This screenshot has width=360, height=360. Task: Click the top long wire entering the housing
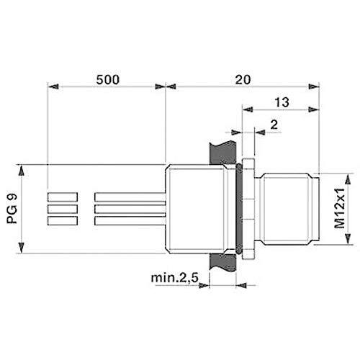click(130, 197)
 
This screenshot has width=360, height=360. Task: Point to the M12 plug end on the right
click(292, 209)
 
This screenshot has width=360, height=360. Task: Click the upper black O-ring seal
click(238, 168)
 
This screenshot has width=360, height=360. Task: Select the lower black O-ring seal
click(238, 249)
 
